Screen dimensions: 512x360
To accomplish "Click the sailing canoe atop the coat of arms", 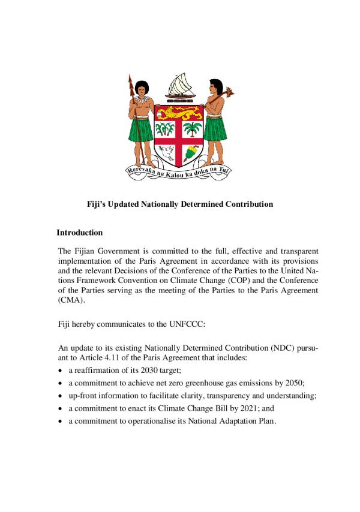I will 180,88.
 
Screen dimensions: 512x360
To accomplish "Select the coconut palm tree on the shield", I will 192,128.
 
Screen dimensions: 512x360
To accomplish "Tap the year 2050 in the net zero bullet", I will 291,382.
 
